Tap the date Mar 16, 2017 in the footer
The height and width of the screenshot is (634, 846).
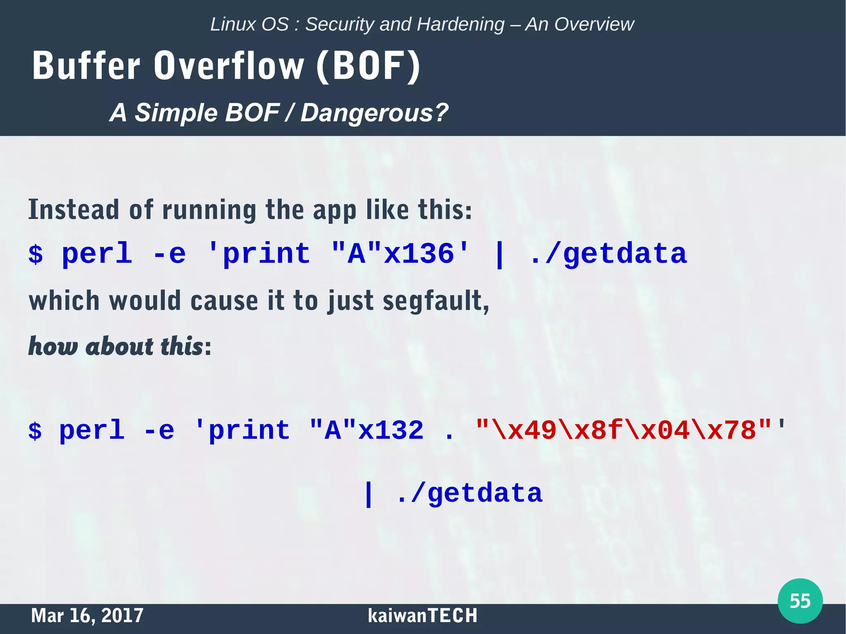[87, 615]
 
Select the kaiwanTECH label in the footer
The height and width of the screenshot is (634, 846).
[423, 615]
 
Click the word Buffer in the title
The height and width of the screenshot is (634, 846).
[86, 66]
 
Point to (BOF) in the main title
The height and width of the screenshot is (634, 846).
[368, 66]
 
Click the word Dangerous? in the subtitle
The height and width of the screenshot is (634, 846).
[374, 113]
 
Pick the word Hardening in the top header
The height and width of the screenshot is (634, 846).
[461, 24]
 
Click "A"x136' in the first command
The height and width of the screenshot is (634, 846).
[401, 253]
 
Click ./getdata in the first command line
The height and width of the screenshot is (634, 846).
[608, 253]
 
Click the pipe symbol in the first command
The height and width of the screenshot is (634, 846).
[499, 255]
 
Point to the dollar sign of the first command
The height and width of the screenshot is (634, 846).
[36, 254]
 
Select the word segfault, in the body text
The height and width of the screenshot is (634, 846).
[436, 301]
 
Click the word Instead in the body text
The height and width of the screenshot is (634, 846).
[74, 210]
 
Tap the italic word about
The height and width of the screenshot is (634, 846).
[119, 346]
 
